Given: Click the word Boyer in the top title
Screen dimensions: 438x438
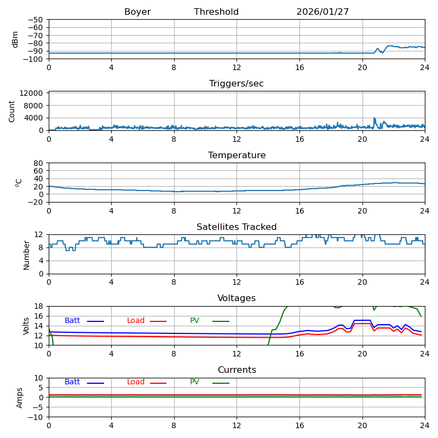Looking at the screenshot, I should pyautogui.click(x=137, y=12).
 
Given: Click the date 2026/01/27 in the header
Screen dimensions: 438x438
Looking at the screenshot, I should pyautogui.click(x=322, y=12).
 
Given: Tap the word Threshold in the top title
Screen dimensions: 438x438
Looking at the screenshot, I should pyautogui.click(x=216, y=12).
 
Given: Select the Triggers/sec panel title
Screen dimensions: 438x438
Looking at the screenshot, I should pyautogui.click(x=237, y=84).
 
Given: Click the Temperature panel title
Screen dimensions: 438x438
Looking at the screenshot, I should pyautogui.click(x=237, y=155).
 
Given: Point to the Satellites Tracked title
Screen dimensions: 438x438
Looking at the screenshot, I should pyautogui.click(x=237, y=227).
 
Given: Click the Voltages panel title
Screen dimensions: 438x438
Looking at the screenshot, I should pyautogui.click(x=237, y=298).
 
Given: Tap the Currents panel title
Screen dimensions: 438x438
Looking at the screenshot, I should pyautogui.click(x=237, y=370).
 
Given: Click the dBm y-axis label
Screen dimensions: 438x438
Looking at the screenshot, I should pyautogui.click(x=15, y=39).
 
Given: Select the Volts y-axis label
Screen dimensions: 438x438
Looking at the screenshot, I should pyautogui.click(x=26, y=326).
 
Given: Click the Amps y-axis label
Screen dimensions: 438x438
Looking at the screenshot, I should pyautogui.click(x=20, y=397).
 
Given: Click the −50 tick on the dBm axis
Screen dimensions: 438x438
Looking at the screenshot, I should pyautogui.click(x=36, y=20).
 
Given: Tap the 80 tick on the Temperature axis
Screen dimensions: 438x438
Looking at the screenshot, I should pyautogui.click(x=39, y=163).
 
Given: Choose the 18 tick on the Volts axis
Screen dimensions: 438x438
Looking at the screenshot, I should pyautogui.click(x=39, y=307).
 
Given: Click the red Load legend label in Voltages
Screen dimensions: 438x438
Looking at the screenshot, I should pyautogui.click(x=136, y=321).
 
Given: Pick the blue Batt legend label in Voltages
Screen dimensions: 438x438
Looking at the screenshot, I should pyautogui.click(x=72, y=321).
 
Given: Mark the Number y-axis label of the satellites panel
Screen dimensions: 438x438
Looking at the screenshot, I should pyautogui.click(x=26, y=255).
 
